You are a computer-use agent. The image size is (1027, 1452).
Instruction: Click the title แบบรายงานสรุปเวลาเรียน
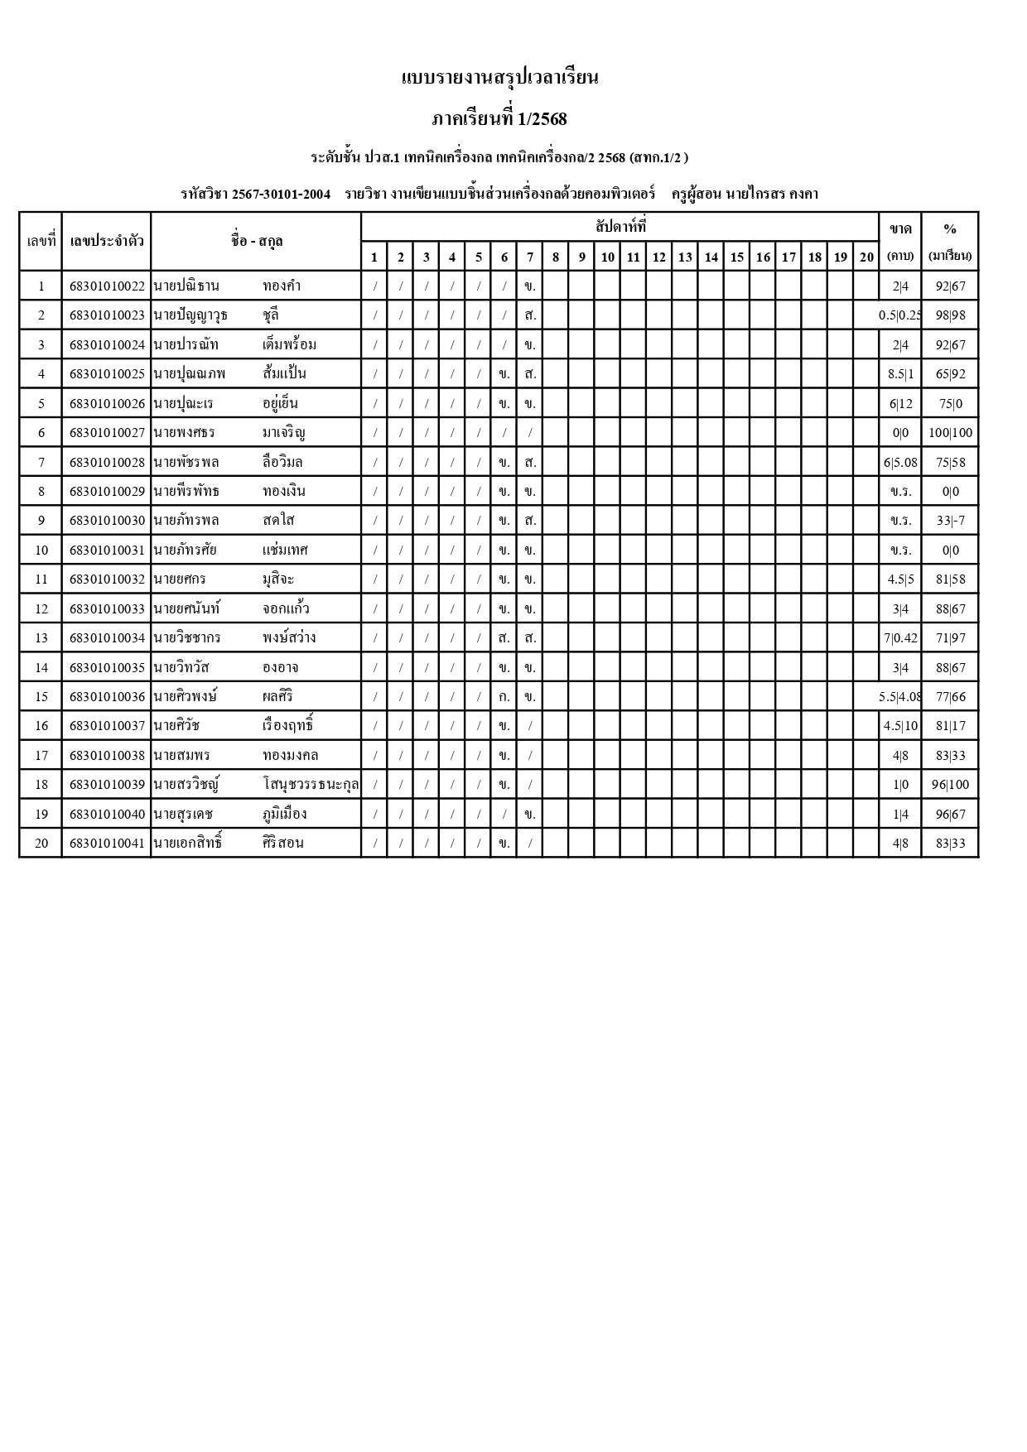tap(499, 78)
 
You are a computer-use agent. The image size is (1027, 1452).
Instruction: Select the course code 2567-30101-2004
tap(281, 195)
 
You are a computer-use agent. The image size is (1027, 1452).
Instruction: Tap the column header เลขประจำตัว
tap(107, 241)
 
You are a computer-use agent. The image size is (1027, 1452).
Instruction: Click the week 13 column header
tap(685, 257)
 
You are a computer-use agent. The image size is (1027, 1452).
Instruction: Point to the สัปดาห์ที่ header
tap(620, 226)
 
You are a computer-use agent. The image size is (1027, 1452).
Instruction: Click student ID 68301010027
tap(107, 433)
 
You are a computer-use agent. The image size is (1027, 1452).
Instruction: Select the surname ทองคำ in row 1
tap(282, 286)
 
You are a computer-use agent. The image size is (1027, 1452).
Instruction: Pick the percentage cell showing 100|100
tap(950, 433)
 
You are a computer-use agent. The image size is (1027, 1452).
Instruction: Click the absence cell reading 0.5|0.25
tap(900, 315)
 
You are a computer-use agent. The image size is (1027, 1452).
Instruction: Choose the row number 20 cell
tap(41, 844)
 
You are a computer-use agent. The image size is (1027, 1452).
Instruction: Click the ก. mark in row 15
tap(504, 697)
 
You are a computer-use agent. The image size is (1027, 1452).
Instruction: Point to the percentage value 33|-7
tap(950, 521)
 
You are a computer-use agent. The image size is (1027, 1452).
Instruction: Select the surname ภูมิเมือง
tap(285, 814)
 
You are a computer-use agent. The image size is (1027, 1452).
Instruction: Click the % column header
tap(950, 229)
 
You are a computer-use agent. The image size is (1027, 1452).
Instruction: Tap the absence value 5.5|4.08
tap(900, 697)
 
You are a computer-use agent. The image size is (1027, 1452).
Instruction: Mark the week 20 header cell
tap(866, 257)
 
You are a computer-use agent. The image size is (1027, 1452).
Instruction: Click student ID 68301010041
tap(107, 844)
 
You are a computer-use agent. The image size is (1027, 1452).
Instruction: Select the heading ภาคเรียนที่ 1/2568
tap(499, 119)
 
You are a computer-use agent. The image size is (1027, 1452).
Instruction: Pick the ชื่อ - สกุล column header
tap(257, 241)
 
